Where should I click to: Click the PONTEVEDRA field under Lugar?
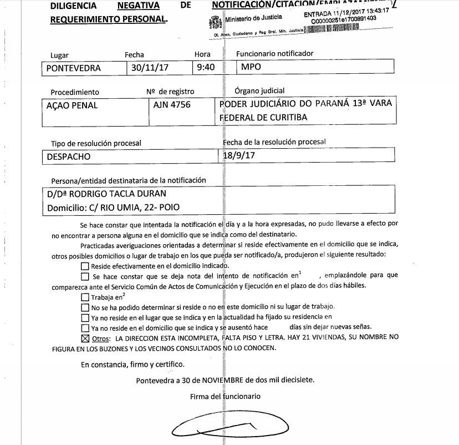(x=74, y=68)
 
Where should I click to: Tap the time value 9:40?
(x=206, y=68)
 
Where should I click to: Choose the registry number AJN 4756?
(x=172, y=105)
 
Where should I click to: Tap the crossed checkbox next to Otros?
(x=85, y=338)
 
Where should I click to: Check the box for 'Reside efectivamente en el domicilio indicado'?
(x=85, y=266)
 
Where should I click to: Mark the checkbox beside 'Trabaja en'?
(x=85, y=297)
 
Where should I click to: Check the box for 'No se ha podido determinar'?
(x=85, y=307)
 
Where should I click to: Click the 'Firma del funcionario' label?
(x=225, y=396)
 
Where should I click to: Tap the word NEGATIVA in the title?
(x=139, y=6)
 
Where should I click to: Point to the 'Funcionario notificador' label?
(x=275, y=54)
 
